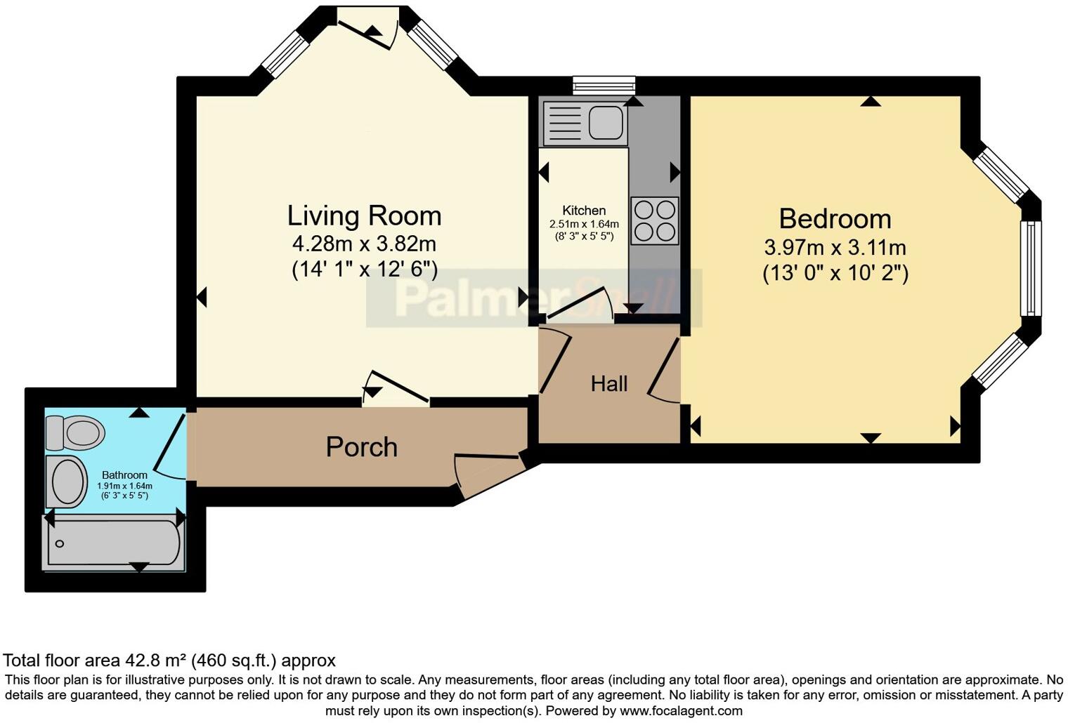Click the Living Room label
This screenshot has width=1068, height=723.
364,215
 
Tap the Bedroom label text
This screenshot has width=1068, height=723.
835,219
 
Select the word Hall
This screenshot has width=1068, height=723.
608,383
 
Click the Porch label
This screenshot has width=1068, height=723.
361,447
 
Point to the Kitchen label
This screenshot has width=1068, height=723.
583,211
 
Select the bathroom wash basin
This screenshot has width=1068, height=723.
67,482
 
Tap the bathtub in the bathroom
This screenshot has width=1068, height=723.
112,543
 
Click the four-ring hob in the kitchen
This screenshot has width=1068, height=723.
654,220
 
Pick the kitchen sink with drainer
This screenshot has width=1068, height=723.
584,122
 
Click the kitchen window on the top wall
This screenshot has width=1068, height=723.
604,86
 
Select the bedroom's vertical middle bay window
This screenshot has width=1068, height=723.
1031,267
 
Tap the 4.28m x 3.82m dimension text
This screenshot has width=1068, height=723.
364,244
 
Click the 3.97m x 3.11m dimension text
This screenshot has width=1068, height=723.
835,247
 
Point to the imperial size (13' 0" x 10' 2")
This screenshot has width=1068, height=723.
835,272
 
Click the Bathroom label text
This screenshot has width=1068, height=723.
124,475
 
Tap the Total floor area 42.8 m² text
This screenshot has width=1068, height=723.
169,661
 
